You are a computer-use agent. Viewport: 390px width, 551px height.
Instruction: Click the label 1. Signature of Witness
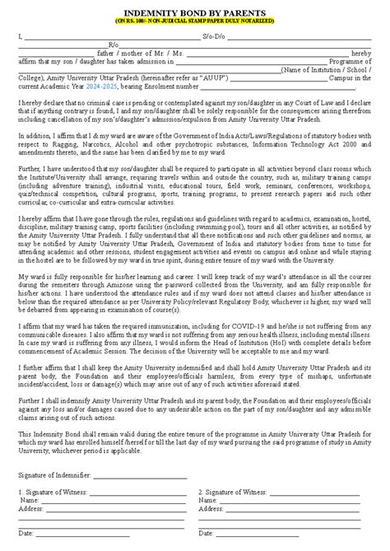pos(55,492)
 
